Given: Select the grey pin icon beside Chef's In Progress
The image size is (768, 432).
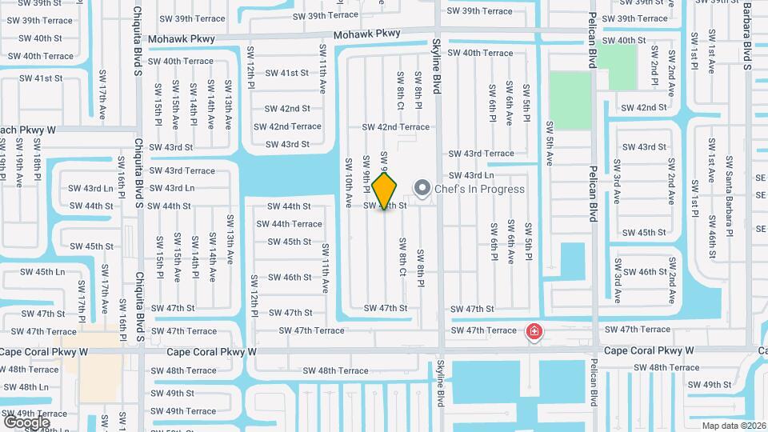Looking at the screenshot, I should (422, 189).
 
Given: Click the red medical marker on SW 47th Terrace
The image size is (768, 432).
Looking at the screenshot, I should (533, 331).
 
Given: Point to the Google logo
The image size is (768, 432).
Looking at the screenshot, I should (26, 422).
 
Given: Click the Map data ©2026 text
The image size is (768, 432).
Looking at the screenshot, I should (733, 426).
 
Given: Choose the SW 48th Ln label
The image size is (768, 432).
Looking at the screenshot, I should (26, 387).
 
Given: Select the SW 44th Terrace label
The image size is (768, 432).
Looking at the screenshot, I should (289, 224).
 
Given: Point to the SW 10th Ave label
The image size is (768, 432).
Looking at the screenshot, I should (349, 182).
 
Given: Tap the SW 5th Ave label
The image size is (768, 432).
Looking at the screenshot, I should (549, 143).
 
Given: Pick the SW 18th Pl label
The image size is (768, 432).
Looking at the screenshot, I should (37, 158).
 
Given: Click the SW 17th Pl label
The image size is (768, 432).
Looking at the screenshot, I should (82, 297).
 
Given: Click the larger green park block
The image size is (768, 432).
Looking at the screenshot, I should (570, 100).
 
